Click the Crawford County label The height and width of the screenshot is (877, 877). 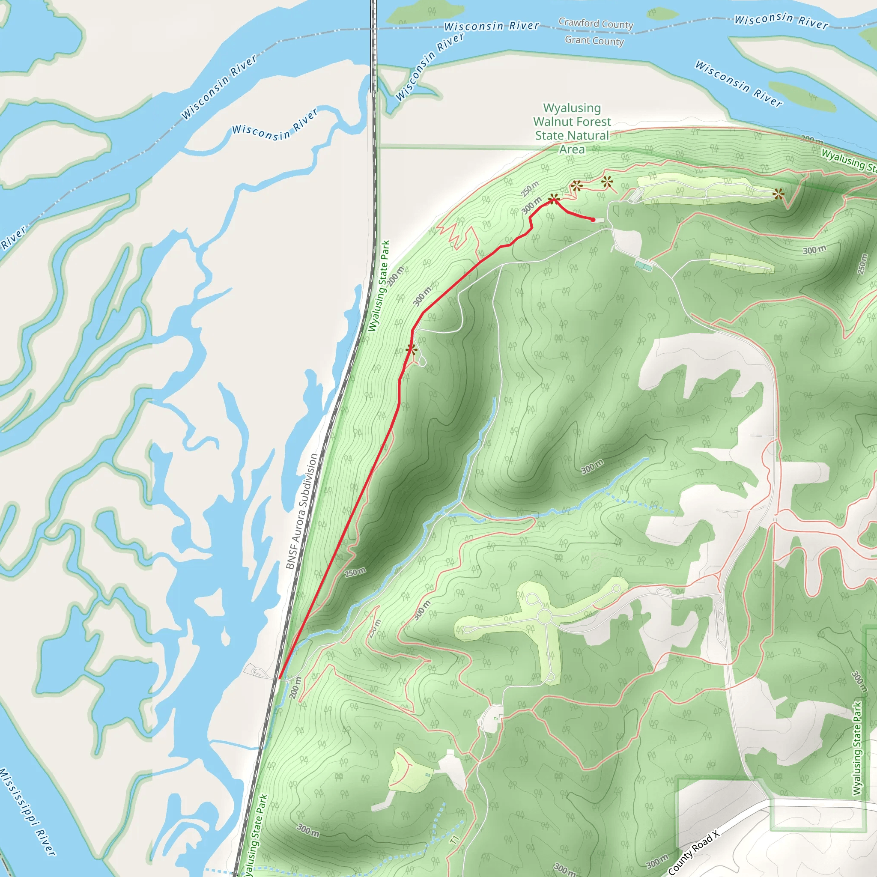click(x=596, y=24)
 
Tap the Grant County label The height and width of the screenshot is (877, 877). click(x=594, y=41)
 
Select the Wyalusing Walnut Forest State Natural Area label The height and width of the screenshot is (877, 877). click(x=572, y=128)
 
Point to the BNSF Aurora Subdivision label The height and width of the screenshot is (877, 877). click(x=302, y=511)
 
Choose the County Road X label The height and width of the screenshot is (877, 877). click(x=694, y=853)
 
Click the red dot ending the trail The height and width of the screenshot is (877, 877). click(x=593, y=220)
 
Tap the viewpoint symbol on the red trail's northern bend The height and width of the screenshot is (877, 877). click(x=553, y=199)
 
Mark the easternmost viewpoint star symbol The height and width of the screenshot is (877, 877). click(x=779, y=195)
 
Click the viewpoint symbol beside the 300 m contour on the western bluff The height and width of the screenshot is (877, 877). click(x=411, y=349)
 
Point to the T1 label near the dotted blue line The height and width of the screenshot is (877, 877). click(x=455, y=840)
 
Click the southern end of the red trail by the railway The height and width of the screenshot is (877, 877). click(x=280, y=678)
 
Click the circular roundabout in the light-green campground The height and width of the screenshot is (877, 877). click(x=544, y=617)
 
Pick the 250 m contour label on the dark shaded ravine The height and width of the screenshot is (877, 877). click(x=355, y=572)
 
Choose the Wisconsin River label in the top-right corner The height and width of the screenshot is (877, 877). click(x=781, y=21)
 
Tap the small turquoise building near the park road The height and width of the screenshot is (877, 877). click(x=643, y=265)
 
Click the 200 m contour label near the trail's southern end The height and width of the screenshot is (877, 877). click(x=295, y=688)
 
